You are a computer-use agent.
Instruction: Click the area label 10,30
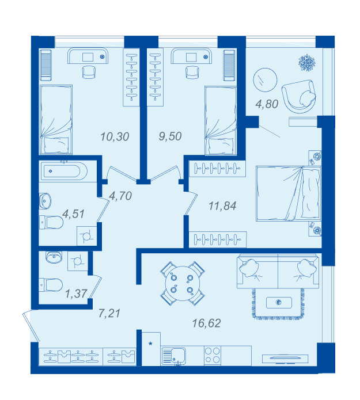click(x=115, y=137)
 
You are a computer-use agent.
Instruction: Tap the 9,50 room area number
click(x=170, y=136)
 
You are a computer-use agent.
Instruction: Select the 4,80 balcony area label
click(x=267, y=104)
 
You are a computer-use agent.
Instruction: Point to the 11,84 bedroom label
click(x=222, y=206)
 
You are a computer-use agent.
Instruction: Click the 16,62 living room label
click(x=206, y=323)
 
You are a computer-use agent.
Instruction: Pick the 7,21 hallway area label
click(x=109, y=313)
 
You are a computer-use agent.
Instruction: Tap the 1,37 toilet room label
click(x=76, y=294)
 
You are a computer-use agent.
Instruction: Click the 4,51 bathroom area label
click(x=73, y=214)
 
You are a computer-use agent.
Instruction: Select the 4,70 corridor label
click(x=120, y=196)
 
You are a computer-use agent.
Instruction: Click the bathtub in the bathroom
click(x=63, y=171)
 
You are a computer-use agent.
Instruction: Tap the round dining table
click(x=182, y=283)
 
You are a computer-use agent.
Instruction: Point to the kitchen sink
click(x=173, y=356)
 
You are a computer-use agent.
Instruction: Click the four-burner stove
click(x=213, y=355)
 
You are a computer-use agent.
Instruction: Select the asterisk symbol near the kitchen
click(x=151, y=344)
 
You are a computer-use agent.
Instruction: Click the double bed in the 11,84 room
click(x=289, y=193)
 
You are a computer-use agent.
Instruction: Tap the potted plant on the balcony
click(x=306, y=63)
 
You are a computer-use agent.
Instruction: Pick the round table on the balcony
click(x=265, y=80)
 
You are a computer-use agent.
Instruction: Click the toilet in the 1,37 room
click(x=51, y=285)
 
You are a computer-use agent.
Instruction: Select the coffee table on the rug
click(x=279, y=303)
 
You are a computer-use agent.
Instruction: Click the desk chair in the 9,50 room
click(x=192, y=72)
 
